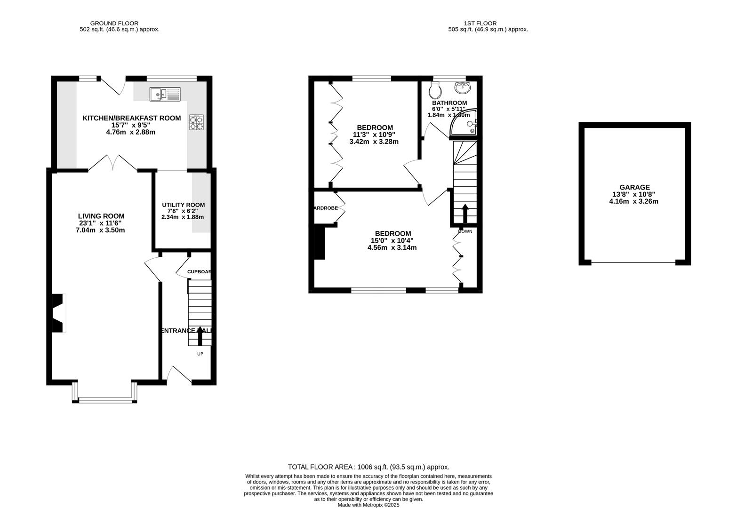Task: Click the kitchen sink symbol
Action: click(165, 95)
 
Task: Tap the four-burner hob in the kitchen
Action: click(197, 122)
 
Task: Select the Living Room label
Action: click(101, 216)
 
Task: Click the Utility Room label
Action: click(183, 205)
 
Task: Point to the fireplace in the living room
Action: click(58, 313)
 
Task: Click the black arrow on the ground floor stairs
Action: click(200, 336)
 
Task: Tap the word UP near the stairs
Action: click(200, 354)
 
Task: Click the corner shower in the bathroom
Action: click(465, 123)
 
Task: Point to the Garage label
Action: click(634, 187)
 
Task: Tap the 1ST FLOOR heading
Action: click(480, 23)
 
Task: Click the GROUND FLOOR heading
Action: click(114, 23)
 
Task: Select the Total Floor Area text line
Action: click(368, 467)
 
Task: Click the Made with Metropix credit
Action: click(368, 505)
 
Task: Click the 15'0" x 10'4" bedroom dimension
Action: click(392, 241)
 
